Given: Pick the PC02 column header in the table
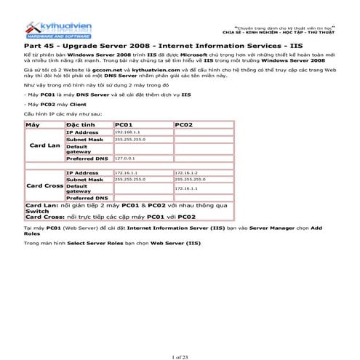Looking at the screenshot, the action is (x=185, y=125).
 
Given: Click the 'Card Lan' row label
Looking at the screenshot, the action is (x=44, y=145).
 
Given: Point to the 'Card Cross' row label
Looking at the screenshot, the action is (x=44, y=185).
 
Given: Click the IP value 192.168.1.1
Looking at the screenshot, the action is (x=127, y=132).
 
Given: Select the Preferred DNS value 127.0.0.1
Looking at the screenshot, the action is (x=125, y=157).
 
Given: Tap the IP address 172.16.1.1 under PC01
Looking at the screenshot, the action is (x=127, y=172).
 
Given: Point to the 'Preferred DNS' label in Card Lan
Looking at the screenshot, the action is (x=87, y=158).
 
